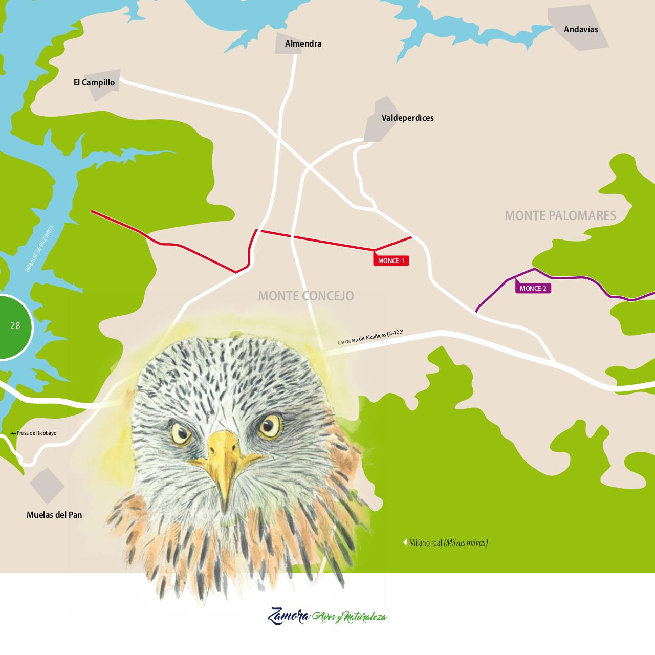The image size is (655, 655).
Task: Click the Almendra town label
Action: point(303,44)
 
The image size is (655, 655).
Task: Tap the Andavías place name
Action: point(581,29)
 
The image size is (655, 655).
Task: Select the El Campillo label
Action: point(94,82)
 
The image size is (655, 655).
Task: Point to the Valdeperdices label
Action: point(407,118)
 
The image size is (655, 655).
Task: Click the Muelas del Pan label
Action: point(54,515)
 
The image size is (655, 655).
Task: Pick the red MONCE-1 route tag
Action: point(391,261)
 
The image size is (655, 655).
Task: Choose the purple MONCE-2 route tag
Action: point(533,288)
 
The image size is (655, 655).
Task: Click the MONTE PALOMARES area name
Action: point(560,215)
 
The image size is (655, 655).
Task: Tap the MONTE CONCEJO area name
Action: point(305,296)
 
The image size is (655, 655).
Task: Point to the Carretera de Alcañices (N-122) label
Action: point(370,338)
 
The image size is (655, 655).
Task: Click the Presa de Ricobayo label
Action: point(34,433)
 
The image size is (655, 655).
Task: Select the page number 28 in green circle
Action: point(15,326)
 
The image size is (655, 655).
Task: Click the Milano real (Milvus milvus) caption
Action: point(448,543)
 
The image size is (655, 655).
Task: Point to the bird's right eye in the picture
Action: point(271,426)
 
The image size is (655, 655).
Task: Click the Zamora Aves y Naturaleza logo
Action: point(327,616)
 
